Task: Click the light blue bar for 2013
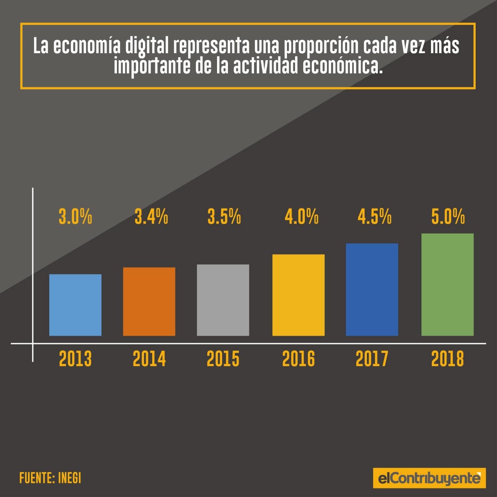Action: coord(75,305)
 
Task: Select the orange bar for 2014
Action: coord(149,301)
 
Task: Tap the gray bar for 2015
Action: coord(223,300)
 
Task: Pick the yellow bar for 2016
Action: coord(298,295)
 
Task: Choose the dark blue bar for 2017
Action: coord(372,289)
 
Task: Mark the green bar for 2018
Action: coord(447,284)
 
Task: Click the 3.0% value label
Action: coord(75,217)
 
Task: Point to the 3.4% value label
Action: coord(151,217)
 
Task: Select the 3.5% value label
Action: coord(224,217)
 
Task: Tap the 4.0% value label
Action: coord(301,217)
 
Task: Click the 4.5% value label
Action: coord(374,217)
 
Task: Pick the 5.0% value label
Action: coord(448,217)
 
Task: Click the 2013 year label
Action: coord(75,359)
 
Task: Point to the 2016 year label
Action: coord(298,359)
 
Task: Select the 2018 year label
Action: coord(447,359)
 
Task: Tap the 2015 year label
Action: coord(223,359)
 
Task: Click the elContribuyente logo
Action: coord(429,478)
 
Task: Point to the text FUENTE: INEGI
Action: coord(50,478)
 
